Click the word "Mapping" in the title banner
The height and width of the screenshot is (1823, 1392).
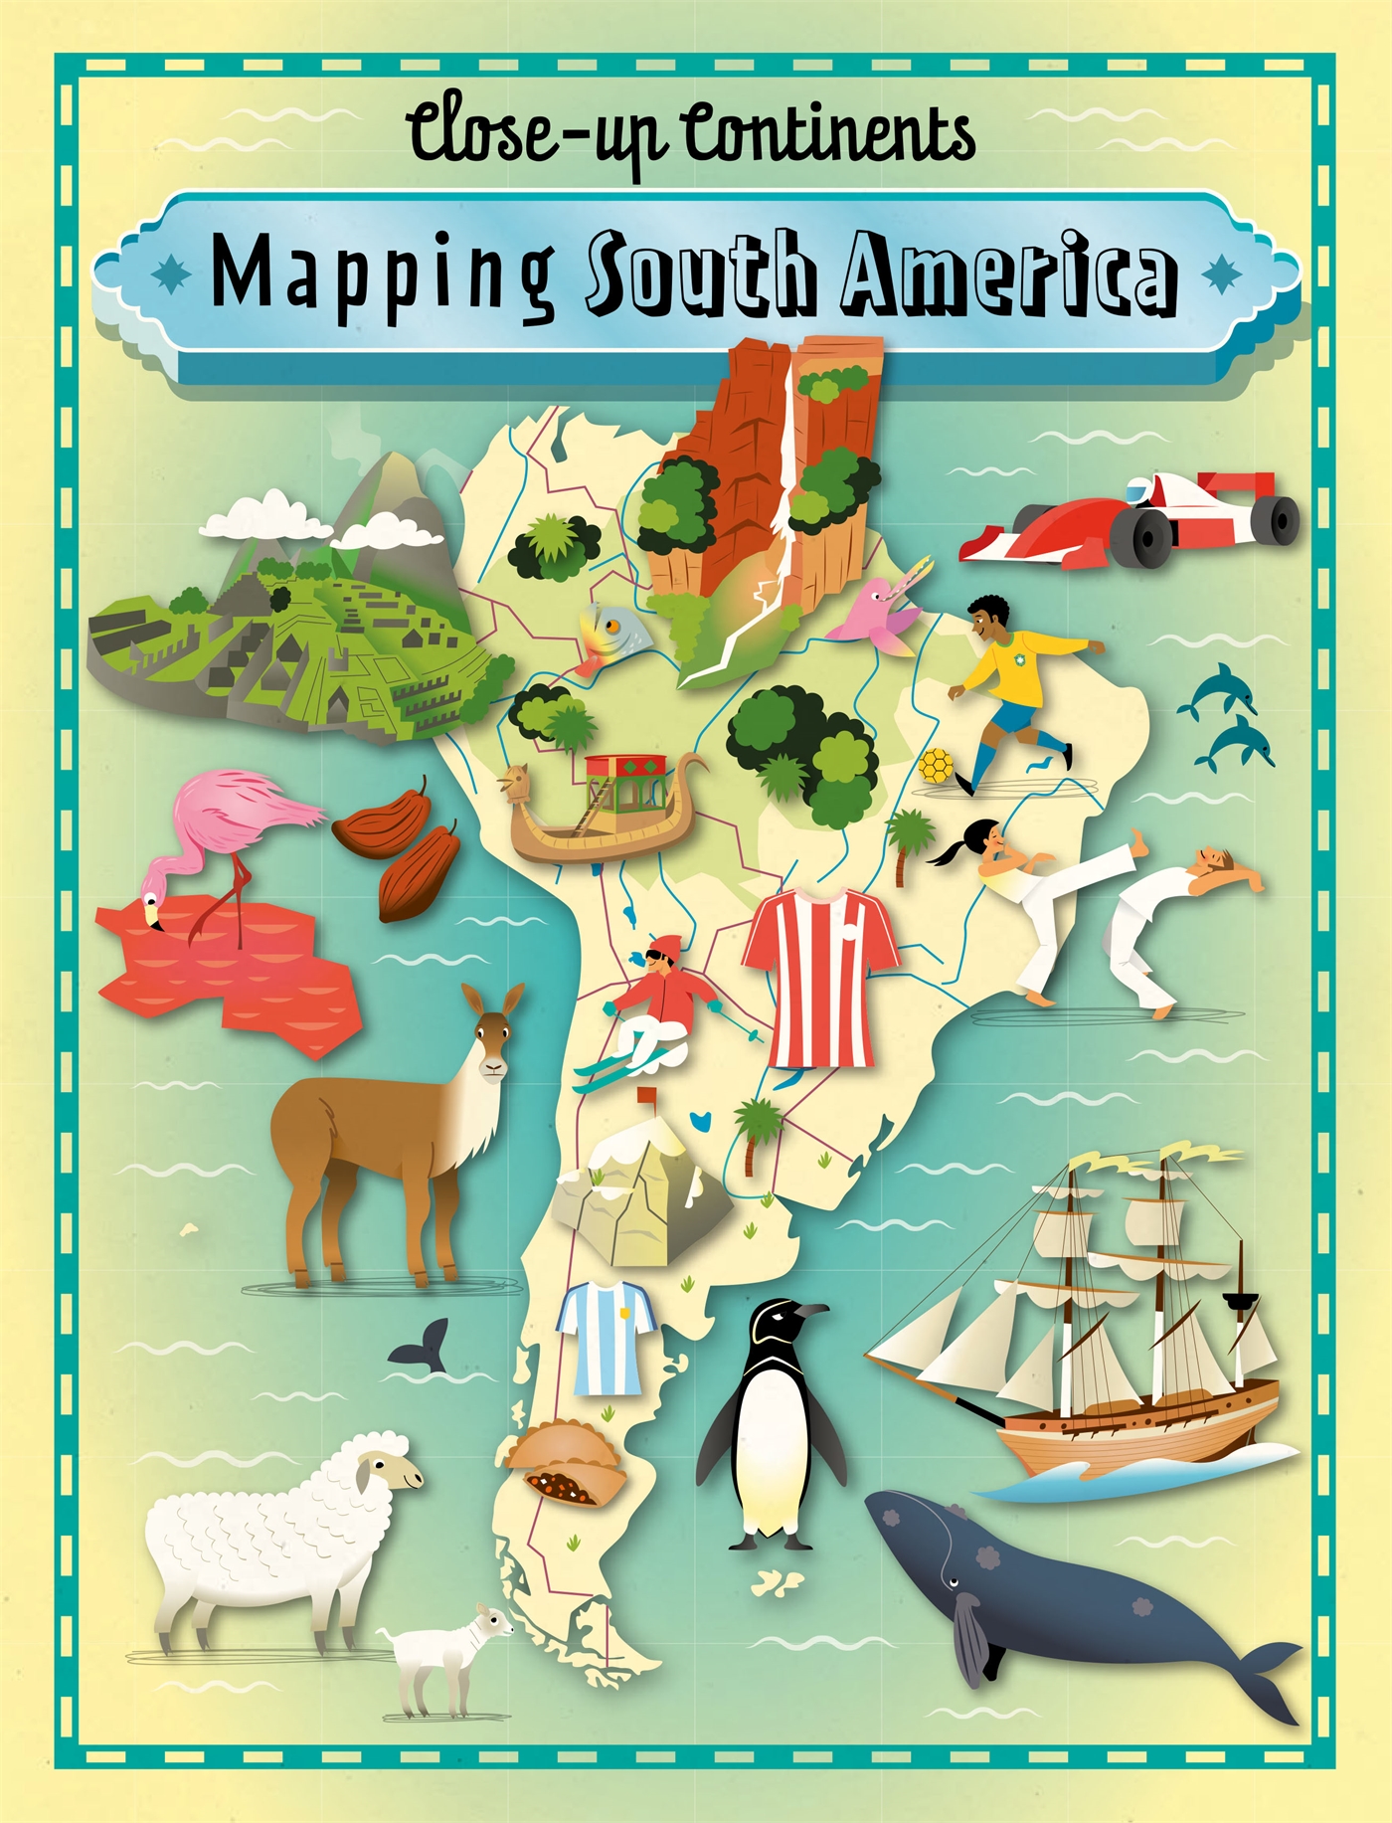(x=383, y=275)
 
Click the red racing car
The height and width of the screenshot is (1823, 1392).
(x=1133, y=519)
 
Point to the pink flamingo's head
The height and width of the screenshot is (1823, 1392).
(x=152, y=910)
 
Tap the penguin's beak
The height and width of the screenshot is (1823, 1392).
(x=810, y=1311)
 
